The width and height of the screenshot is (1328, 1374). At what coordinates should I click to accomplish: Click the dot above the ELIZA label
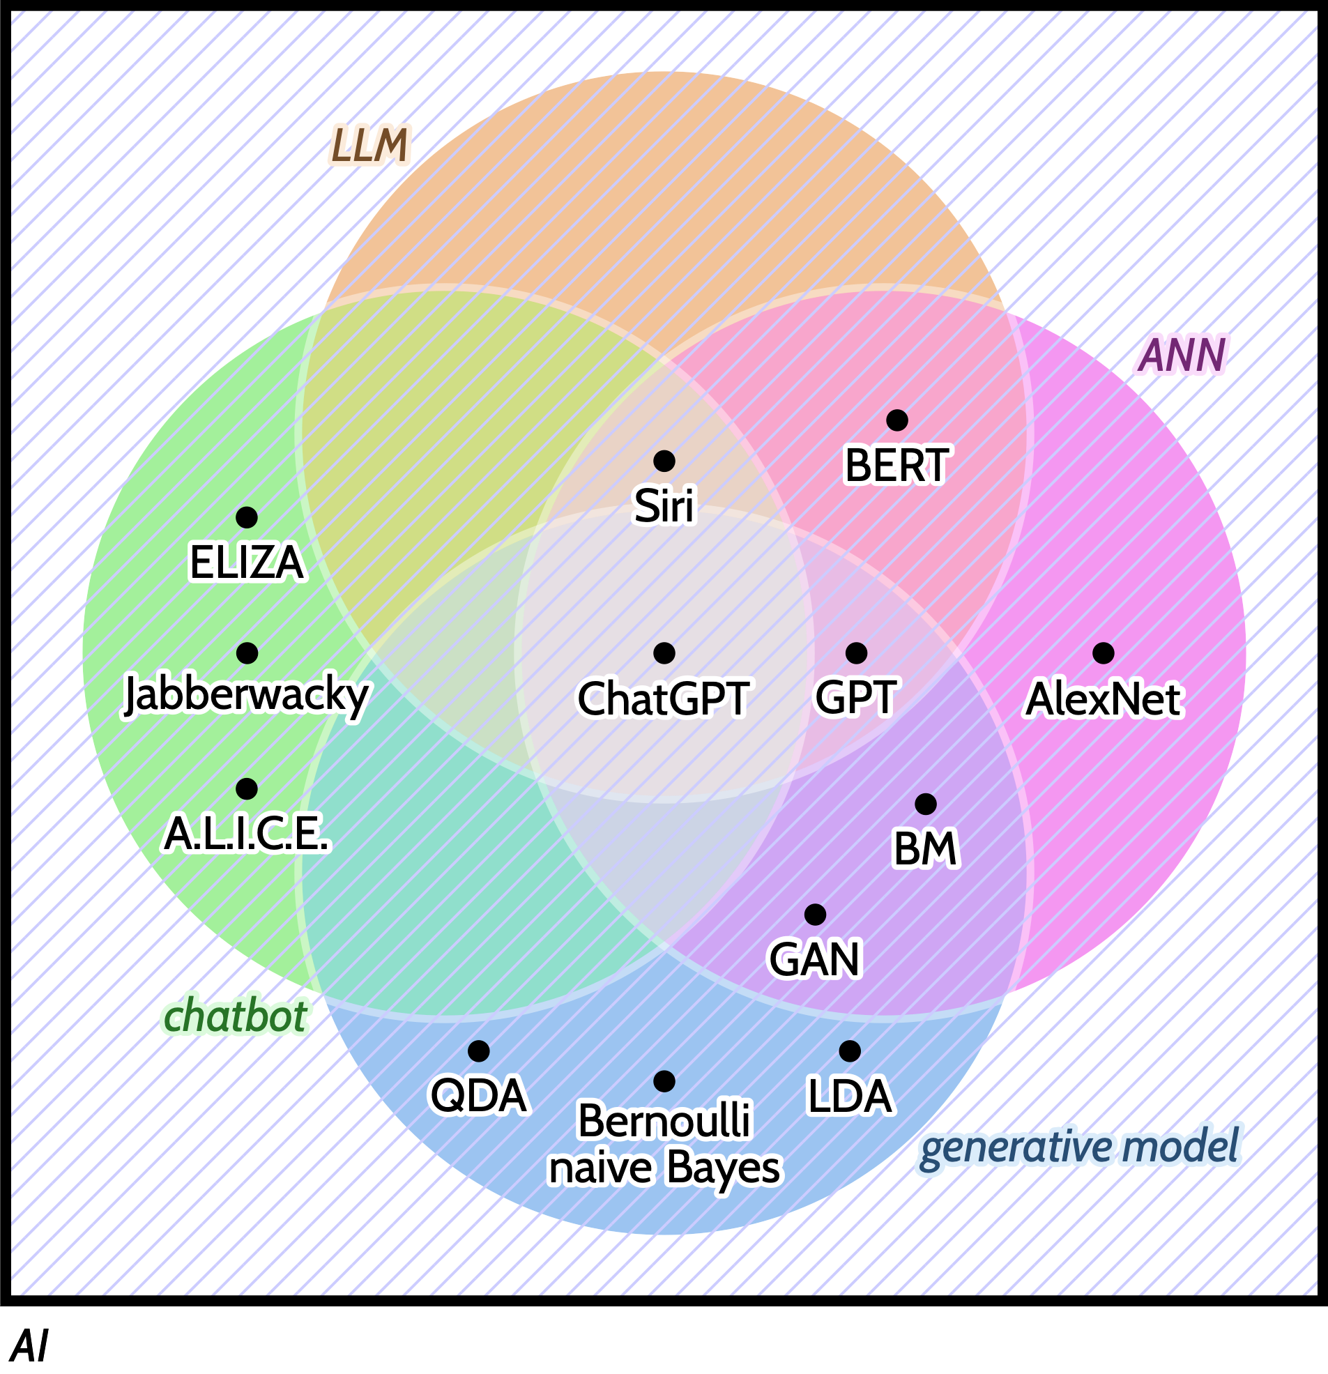(246, 517)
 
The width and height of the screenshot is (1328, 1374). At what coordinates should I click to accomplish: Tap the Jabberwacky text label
(246, 695)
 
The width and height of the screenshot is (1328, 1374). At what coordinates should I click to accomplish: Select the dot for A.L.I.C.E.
(246, 788)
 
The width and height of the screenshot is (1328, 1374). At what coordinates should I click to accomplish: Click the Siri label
(663, 505)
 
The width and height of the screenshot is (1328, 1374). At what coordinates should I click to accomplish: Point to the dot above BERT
(896, 420)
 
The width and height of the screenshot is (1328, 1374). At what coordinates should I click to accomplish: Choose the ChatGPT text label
(663, 699)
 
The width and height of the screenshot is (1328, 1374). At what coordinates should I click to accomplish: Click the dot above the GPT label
(856, 653)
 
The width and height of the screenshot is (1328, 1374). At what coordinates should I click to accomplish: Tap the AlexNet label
(1103, 699)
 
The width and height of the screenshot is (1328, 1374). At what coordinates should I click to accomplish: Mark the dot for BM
(926, 804)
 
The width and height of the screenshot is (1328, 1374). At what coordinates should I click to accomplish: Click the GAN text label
(814, 959)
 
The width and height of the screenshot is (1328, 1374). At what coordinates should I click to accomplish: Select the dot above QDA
(478, 1051)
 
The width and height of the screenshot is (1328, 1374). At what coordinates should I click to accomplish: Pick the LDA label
(849, 1096)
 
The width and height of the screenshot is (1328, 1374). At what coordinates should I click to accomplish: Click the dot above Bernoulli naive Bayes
(664, 1082)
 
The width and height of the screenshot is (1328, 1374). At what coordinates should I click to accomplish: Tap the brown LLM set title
(369, 146)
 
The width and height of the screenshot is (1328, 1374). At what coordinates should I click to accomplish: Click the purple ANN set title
(1182, 355)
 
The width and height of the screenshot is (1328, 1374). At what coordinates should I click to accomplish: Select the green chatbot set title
(235, 1016)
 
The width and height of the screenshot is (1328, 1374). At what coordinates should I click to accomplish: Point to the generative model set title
(1079, 1147)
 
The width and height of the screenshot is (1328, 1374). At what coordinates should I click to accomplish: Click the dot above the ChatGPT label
(664, 653)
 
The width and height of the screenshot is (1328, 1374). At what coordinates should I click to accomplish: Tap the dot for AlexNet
(1103, 653)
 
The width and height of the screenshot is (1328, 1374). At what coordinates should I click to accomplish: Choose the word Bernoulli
(663, 1120)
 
